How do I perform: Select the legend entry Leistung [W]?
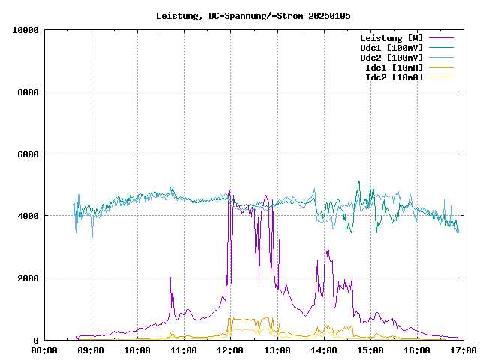[x=391, y=38]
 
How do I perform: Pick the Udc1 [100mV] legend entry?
[x=391, y=48]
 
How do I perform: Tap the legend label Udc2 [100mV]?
[x=391, y=58]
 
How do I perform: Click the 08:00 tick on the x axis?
[x=44, y=350]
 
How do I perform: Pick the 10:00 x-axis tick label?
[x=137, y=350]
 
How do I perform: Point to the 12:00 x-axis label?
[x=230, y=350]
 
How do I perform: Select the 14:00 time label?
[x=323, y=350]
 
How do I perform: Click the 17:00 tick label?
[x=463, y=350]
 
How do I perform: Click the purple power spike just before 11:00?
[x=171, y=279]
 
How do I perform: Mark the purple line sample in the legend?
[x=442, y=38]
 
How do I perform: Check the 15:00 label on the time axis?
[x=370, y=350]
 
